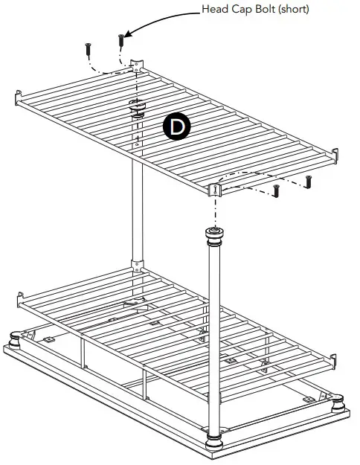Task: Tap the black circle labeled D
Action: pyautogui.click(x=177, y=127)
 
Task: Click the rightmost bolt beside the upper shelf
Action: pyautogui.click(x=308, y=181)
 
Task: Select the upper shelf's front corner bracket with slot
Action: pyautogui.click(x=215, y=189)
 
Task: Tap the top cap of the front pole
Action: pyautogui.click(x=214, y=237)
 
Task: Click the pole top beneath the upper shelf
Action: pyautogui.click(x=137, y=107)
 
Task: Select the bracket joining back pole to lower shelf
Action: pyautogui.click(x=137, y=264)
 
